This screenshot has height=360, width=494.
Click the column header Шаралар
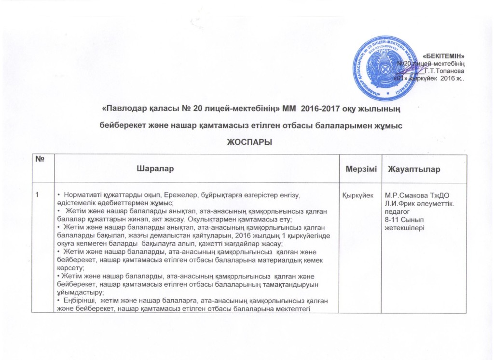click(x=155, y=170)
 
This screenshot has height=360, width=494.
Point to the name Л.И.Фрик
click(x=397, y=203)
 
